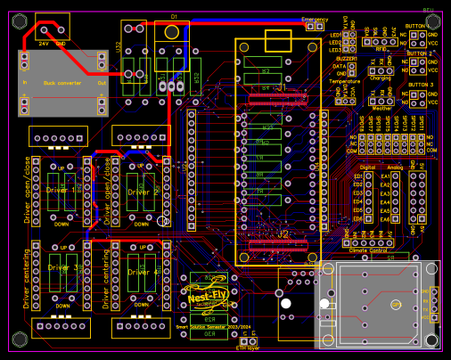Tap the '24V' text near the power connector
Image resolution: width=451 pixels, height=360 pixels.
(x=44, y=42)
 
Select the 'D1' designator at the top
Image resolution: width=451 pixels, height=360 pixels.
(x=174, y=17)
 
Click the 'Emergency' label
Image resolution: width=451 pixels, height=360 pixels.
(x=315, y=19)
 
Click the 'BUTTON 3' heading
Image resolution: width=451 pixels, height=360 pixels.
(x=419, y=85)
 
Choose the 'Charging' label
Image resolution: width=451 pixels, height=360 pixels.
(x=380, y=78)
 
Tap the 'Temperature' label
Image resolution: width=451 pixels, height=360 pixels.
(x=344, y=81)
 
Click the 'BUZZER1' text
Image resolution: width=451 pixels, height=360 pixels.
(x=346, y=58)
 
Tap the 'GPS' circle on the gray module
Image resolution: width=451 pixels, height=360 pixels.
(x=396, y=304)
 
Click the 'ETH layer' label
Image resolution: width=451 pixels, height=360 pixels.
(x=247, y=349)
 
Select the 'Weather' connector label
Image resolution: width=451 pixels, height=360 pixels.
(x=381, y=108)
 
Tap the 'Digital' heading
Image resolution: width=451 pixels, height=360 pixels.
(x=366, y=167)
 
